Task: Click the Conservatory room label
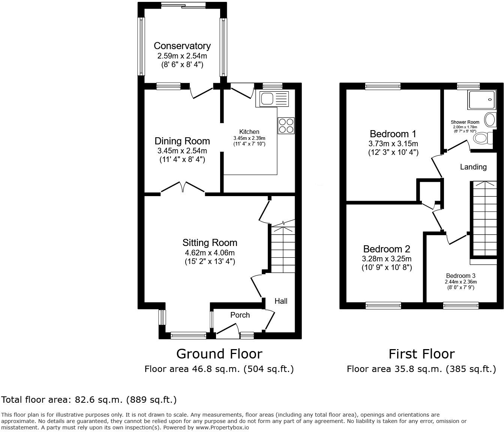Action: [x=182, y=46]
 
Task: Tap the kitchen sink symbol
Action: [x=272, y=99]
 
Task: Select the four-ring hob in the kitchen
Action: [x=286, y=126]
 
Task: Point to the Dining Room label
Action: [x=182, y=141]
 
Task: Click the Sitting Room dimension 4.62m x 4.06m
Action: [x=210, y=253]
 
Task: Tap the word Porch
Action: [x=240, y=315]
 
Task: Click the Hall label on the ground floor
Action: [x=281, y=301]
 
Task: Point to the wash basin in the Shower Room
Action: [x=490, y=120]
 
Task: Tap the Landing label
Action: [x=473, y=167]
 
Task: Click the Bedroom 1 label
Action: [x=393, y=134]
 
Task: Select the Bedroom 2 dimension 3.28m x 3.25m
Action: [x=387, y=259]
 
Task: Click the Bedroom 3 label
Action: [x=461, y=276]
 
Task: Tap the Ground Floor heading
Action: [x=219, y=354]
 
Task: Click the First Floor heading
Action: [x=421, y=354]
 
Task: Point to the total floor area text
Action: [x=89, y=400]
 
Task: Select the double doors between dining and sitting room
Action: [x=183, y=187]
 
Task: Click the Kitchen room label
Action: [x=249, y=132]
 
